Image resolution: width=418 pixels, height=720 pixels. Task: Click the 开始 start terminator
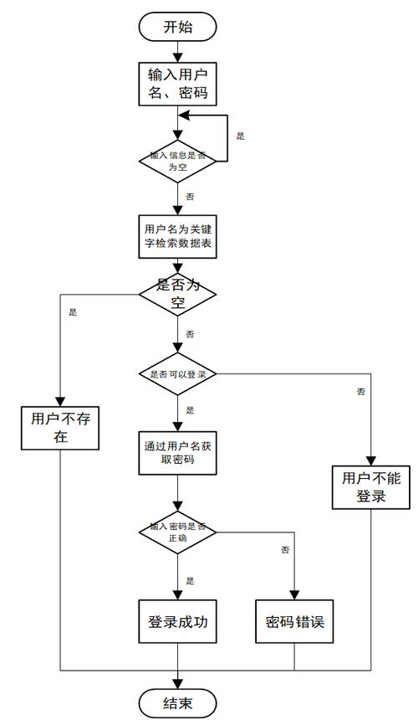click(177, 27)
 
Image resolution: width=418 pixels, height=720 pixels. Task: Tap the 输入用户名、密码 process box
click(177, 84)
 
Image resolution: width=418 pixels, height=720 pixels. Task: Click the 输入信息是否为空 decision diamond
click(177, 161)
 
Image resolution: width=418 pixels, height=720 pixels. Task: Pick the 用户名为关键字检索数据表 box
click(177, 236)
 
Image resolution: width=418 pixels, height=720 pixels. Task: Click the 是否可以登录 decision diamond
click(177, 374)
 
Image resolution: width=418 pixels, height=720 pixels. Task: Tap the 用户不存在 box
click(60, 428)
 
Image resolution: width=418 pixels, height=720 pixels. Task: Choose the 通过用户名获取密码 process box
click(177, 453)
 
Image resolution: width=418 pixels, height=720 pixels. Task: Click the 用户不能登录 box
click(370, 486)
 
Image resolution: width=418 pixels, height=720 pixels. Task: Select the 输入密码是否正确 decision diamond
click(177, 532)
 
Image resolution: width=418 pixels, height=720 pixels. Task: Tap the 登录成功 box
click(177, 622)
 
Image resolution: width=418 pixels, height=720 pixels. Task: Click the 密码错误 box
click(294, 622)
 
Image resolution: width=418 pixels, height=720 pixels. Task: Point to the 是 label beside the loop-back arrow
click(241, 136)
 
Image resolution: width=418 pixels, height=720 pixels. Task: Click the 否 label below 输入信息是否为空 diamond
click(190, 196)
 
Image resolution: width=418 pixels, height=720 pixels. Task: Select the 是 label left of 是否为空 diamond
click(73, 312)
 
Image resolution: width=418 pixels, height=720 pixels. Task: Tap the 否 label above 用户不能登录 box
click(360, 391)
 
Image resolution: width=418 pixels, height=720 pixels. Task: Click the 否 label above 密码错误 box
click(285, 550)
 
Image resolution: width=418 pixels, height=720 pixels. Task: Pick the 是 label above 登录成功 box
click(190, 580)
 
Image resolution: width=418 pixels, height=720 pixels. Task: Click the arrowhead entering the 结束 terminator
click(177, 683)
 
